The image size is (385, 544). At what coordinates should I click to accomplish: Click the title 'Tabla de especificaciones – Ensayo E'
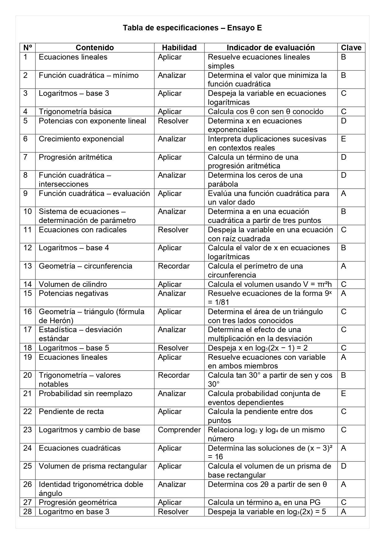point(192,28)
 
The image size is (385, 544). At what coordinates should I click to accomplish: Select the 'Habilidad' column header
point(179,48)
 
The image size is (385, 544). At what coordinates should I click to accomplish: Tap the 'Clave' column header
point(351,48)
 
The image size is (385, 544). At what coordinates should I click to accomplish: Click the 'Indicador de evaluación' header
point(271,48)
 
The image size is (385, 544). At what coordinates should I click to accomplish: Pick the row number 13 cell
point(28,266)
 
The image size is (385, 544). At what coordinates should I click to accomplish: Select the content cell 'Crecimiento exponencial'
point(81,139)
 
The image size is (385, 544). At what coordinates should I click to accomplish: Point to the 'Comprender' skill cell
point(179,430)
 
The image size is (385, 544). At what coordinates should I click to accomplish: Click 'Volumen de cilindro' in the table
point(73,284)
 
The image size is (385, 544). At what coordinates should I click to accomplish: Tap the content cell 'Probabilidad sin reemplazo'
point(86,394)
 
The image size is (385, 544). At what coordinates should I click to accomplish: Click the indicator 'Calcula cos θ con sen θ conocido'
point(266,112)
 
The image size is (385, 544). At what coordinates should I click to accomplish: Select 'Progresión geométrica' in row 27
point(78,502)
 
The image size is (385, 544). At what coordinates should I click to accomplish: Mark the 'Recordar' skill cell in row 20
point(174,375)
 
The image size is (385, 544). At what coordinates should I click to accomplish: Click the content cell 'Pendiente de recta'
point(71,412)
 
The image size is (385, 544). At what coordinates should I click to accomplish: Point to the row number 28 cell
point(28,512)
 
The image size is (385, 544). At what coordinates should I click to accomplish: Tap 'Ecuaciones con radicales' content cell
point(83,230)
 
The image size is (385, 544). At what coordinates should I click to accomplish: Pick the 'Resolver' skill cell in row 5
point(173,121)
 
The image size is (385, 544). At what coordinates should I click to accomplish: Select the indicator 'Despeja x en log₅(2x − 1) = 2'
point(258,348)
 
